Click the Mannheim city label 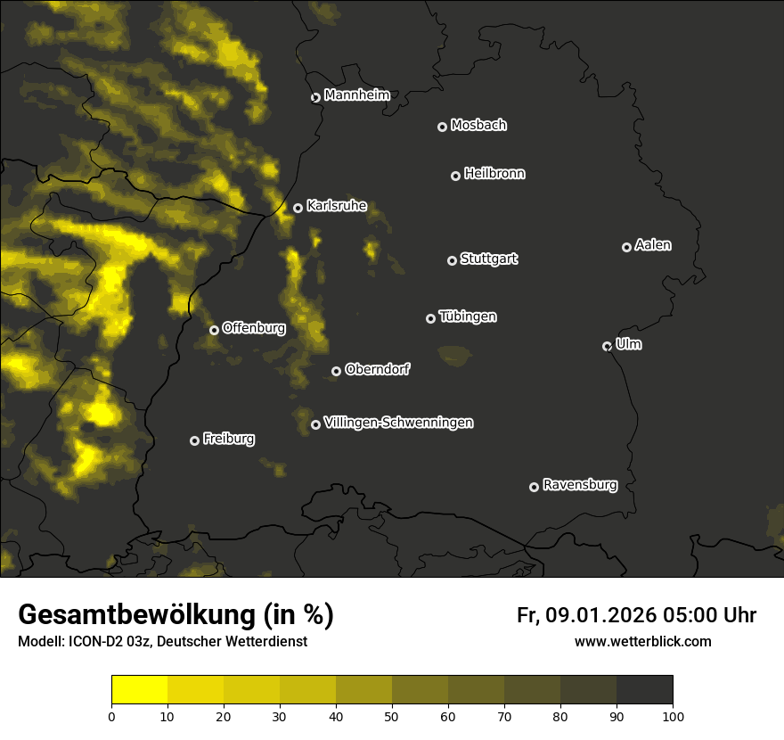tap(356, 95)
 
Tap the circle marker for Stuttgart tap(452, 260)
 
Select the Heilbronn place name tap(494, 174)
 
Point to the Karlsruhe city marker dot tap(298, 208)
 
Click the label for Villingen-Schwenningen tap(398, 423)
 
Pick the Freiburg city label tap(228, 439)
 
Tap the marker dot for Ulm tap(607, 346)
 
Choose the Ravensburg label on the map tap(579, 485)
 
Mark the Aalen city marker tap(626, 247)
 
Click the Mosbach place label tap(478, 126)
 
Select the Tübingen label tap(468, 317)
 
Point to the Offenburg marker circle tap(214, 330)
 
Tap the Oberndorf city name tap(377, 369)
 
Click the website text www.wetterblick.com tap(642, 641)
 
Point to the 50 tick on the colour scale tap(392, 716)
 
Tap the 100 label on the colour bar tap(673, 716)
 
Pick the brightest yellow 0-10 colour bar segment tap(140, 690)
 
